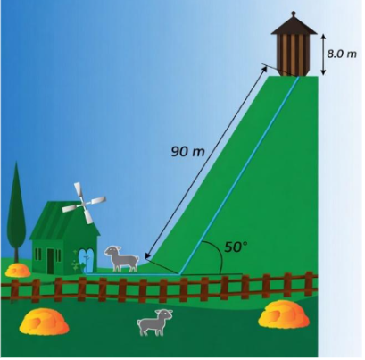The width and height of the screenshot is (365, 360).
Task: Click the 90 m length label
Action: coord(188,152)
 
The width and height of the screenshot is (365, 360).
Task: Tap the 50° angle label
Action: coord(236,247)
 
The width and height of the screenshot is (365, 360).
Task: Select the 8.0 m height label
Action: coord(342,54)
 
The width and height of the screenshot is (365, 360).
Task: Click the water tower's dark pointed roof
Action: coord(294,25)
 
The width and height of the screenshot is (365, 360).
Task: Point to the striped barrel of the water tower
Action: coord(294,54)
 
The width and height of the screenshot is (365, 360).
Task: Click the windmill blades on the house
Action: coord(84,203)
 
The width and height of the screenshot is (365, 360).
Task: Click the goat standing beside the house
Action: coord(121,258)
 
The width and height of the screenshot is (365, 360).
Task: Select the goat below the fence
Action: coord(154,322)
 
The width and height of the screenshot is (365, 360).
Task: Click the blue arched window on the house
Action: coord(87,262)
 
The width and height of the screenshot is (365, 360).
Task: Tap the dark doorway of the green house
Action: coord(51,261)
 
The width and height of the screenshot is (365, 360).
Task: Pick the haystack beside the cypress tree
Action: coord(18,271)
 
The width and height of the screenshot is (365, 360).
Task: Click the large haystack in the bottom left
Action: coord(44,322)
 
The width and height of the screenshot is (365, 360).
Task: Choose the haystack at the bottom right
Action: coord(284,314)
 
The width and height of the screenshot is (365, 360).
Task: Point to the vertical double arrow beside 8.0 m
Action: coord(323,54)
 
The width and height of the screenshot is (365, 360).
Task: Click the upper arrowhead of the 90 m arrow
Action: coord(265,68)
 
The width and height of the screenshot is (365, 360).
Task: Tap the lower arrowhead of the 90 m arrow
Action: coord(146,257)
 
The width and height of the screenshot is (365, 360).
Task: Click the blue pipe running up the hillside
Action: coord(239,175)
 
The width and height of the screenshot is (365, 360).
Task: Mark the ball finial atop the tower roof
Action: coord(294,13)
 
